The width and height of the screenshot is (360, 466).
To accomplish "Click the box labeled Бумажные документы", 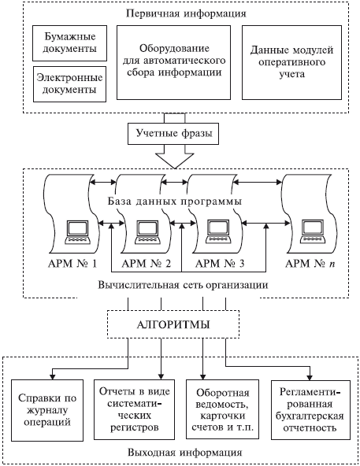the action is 69,43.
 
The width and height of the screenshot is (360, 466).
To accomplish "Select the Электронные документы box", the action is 69,84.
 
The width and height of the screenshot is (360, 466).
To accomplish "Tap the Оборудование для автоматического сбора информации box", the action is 173,62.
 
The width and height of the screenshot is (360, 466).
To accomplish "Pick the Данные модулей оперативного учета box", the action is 291,62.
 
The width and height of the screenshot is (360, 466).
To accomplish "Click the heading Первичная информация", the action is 186,13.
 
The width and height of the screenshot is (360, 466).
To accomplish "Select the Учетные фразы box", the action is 174,134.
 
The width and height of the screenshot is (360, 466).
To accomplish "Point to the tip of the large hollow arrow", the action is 175,168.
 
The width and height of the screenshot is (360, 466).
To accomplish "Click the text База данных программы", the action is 175,202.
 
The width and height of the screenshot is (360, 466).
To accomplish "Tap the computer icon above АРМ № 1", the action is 78,232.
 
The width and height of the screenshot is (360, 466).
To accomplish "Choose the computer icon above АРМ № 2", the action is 147,232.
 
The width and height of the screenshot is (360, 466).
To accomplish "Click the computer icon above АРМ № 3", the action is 219,232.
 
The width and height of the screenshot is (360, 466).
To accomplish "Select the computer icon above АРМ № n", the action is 313,232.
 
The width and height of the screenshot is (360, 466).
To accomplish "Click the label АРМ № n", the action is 310,264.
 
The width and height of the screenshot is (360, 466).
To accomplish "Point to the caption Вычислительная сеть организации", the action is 183,285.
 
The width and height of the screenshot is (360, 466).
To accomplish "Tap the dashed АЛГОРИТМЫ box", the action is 173,324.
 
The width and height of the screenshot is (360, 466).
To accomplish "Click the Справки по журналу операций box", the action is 47,410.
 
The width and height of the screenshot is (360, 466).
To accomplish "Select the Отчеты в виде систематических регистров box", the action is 134,409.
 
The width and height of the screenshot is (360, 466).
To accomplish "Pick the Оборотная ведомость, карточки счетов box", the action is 223,409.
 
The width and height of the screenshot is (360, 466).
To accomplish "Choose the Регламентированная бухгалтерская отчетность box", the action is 310,410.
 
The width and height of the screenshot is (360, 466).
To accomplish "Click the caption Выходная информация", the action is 185,453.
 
